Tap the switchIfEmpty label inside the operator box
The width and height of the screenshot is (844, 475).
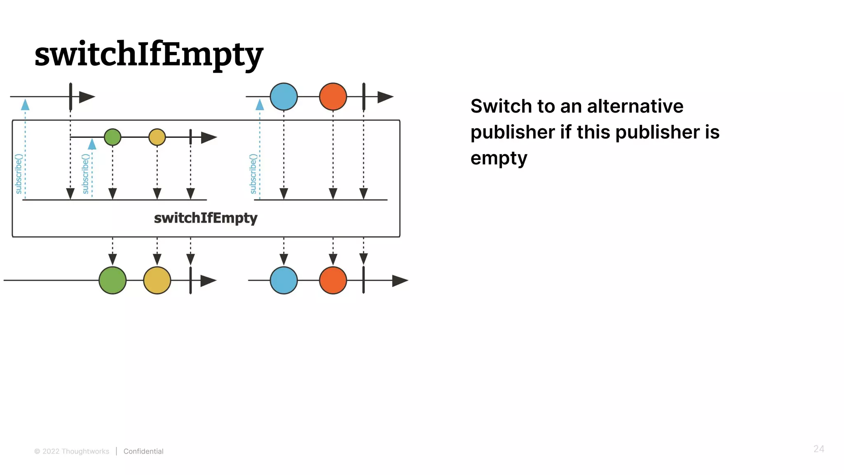(205, 218)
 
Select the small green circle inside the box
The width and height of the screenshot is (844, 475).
(113, 137)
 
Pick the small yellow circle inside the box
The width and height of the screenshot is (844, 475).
(157, 137)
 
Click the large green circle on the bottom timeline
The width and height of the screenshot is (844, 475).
(113, 280)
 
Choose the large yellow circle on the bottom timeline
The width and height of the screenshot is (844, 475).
(157, 280)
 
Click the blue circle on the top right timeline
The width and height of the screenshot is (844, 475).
(284, 97)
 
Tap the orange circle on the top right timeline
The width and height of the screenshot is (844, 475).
(333, 97)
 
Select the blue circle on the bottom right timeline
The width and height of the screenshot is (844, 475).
(284, 280)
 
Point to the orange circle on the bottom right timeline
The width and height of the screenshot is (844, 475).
(333, 280)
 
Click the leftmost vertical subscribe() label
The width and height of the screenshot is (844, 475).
(19, 174)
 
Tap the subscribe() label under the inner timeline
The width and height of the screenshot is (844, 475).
(85, 174)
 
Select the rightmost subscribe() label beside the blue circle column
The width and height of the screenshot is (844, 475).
(253, 174)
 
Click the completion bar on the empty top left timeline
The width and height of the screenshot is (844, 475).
(70, 97)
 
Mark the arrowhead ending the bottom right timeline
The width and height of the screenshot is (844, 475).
(400, 281)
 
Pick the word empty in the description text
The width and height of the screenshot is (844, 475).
(499, 158)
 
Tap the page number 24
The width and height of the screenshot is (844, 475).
(818, 449)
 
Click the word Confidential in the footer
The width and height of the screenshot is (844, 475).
(143, 451)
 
